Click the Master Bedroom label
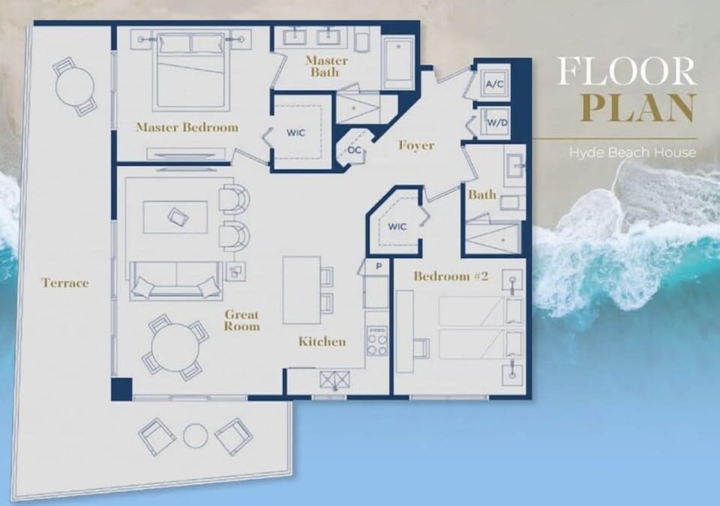coord(187,127)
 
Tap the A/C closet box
coord(494,85)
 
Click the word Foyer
coord(415,145)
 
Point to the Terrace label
coord(65,283)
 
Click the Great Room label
coord(241,321)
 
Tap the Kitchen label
coord(322,342)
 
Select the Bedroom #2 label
coord(451,276)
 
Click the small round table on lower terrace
coord(195,435)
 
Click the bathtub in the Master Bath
coord(397,62)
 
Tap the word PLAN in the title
coord(637,107)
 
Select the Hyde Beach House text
coord(632,152)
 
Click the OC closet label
coord(354,150)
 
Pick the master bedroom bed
coord(192,69)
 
